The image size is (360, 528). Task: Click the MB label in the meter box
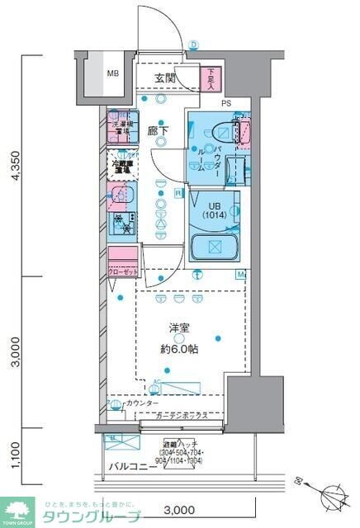[x=111, y=73]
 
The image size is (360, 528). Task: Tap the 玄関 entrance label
[x=165, y=78]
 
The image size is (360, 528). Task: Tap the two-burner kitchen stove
[x=122, y=225]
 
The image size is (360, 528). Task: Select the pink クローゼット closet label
[x=122, y=271]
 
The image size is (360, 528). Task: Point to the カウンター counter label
[x=144, y=403]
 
